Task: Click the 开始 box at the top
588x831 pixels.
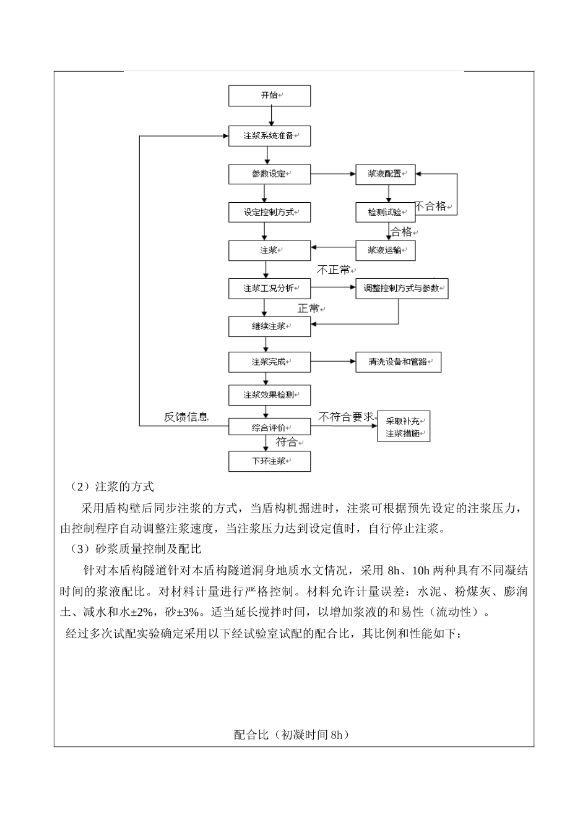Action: tap(269, 96)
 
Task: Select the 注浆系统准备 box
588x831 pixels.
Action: tap(269, 135)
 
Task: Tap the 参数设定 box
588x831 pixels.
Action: tap(269, 174)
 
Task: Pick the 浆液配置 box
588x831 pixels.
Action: tap(385, 174)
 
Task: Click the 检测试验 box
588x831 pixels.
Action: tap(385, 212)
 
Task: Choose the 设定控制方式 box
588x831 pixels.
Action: tap(269, 212)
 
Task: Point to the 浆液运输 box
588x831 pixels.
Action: tap(385, 250)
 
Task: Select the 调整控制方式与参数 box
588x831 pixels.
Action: tap(402, 289)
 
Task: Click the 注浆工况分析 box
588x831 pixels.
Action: tap(269, 289)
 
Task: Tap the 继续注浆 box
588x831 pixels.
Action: tap(269, 326)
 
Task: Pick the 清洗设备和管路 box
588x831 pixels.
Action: tap(398, 362)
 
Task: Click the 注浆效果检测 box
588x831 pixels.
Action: tap(269, 395)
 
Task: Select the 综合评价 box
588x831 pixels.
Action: tap(269, 427)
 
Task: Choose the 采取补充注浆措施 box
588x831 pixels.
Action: tap(404, 426)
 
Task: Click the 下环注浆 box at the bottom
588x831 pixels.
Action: tap(269, 461)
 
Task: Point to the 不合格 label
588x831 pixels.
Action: tap(431, 207)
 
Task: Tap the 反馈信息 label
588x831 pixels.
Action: tap(186, 417)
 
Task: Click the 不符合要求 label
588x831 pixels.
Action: tap(346, 417)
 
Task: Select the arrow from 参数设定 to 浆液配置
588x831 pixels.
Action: tap(332, 174)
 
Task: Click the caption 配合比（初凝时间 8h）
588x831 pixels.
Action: tap(292, 735)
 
